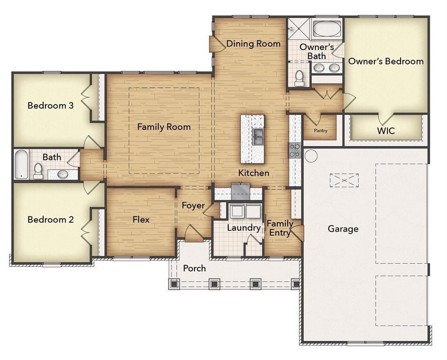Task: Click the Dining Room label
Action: [253, 44]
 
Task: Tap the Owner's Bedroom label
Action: [386, 61]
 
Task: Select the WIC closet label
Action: [386, 131]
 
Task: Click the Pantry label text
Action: [320, 131]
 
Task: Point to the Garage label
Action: [343, 229]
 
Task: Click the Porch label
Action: [194, 268]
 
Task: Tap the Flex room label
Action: [141, 219]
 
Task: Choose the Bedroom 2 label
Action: [51, 219]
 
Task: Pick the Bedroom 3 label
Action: [51, 105]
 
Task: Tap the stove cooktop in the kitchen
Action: [295, 150]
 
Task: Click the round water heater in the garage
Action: [311, 156]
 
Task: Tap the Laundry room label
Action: [244, 228]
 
